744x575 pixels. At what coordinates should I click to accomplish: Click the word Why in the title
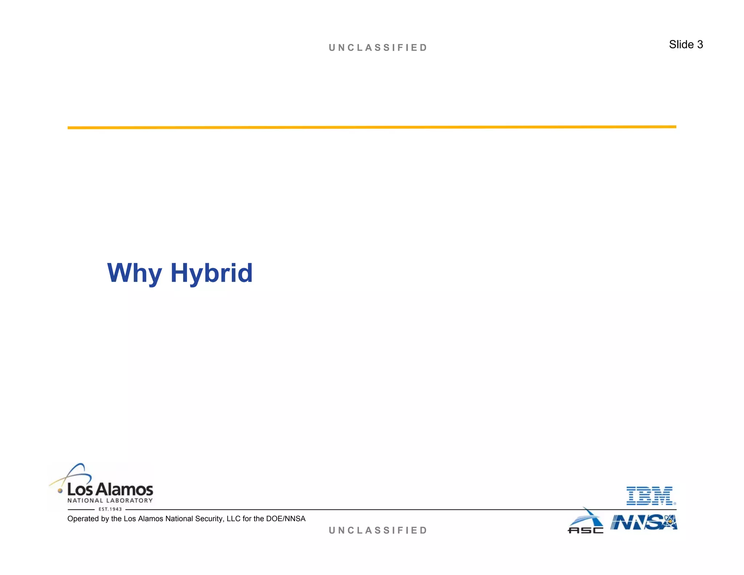click(134, 273)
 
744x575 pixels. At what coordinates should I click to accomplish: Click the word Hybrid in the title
click(211, 273)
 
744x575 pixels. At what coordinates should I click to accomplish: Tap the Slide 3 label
click(686, 45)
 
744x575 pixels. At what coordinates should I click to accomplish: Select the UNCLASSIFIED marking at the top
click(378, 48)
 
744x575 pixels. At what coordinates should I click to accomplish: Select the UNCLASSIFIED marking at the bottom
click(378, 530)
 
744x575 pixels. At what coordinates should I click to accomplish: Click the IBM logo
click(651, 496)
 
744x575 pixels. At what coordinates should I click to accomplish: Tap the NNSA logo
click(643, 523)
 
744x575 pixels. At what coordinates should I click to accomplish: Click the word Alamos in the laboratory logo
click(124, 490)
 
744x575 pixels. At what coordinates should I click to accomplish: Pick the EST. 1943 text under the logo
click(110, 509)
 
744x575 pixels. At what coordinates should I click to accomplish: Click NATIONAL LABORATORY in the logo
click(110, 500)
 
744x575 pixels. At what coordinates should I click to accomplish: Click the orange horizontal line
click(372, 127)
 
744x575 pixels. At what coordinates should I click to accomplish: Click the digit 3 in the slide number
click(700, 45)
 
